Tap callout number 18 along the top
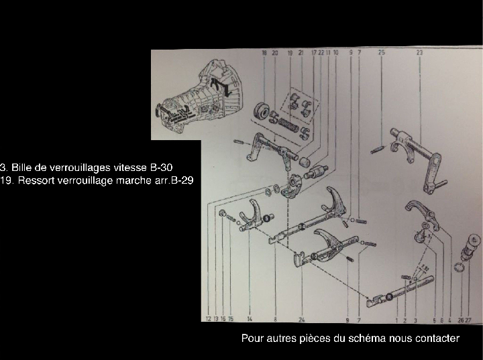[x=265, y=52]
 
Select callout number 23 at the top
[x=420, y=52]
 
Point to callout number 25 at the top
[x=381, y=52]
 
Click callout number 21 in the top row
[x=301, y=52]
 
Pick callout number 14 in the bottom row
[x=249, y=319]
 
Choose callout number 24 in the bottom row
[x=303, y=319]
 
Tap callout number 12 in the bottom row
[x=209, y=319]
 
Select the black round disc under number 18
[x=262, y=111]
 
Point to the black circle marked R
[x=389, y=296]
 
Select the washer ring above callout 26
[x=458, y=269]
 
